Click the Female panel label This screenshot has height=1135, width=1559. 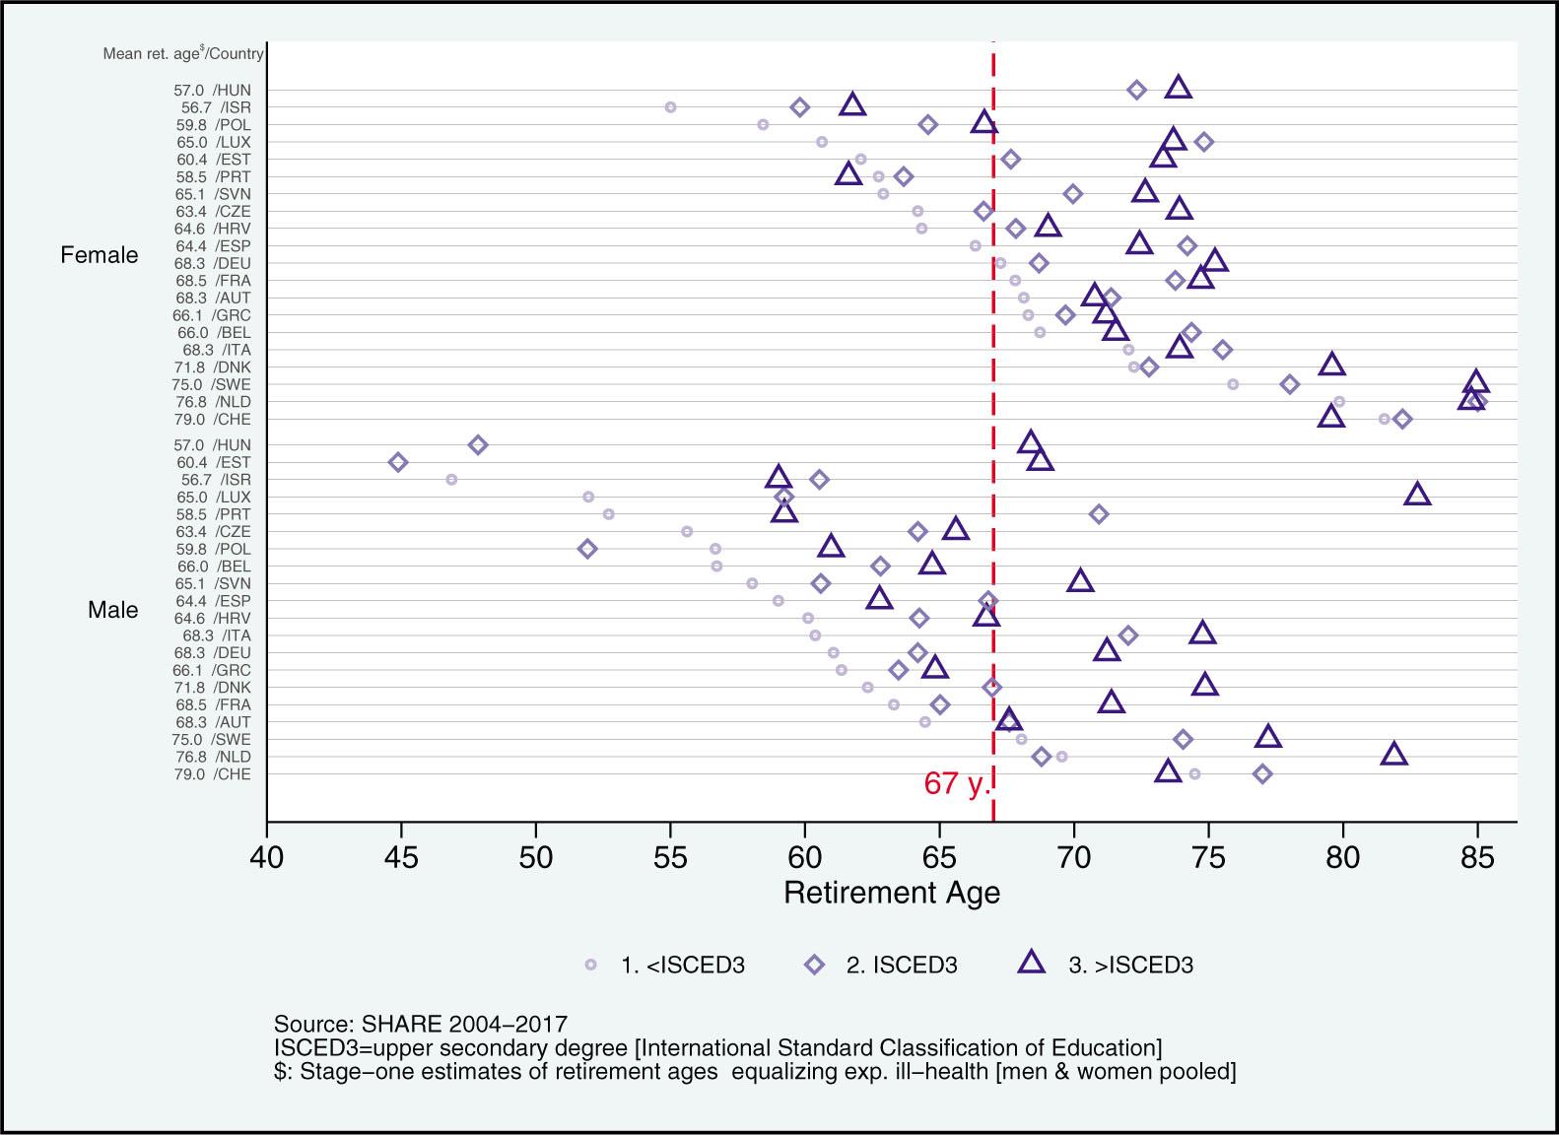[100, 256]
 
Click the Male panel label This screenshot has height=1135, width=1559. [112, 611]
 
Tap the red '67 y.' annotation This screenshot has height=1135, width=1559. [956, 784]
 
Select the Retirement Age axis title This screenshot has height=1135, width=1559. [892, 894]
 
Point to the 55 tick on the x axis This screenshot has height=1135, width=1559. [671, 858]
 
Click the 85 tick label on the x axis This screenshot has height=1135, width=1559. [1477, 858]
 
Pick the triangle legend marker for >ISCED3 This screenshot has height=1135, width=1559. [1032, 964]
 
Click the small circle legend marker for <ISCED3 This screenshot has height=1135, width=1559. [591, 966]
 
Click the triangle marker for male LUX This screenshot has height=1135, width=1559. [1417, 495]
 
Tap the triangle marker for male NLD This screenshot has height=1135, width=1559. [1393, 755]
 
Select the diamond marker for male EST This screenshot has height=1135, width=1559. [398, 462]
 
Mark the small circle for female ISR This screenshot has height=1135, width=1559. [671, 106]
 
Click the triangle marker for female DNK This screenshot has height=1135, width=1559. [1332, 366]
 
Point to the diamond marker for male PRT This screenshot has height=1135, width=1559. [1099, 514]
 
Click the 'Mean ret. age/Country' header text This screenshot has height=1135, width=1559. [183, 53]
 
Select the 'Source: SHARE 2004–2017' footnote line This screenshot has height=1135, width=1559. [421, 1024]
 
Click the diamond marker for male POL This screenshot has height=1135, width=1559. [587, 549]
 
